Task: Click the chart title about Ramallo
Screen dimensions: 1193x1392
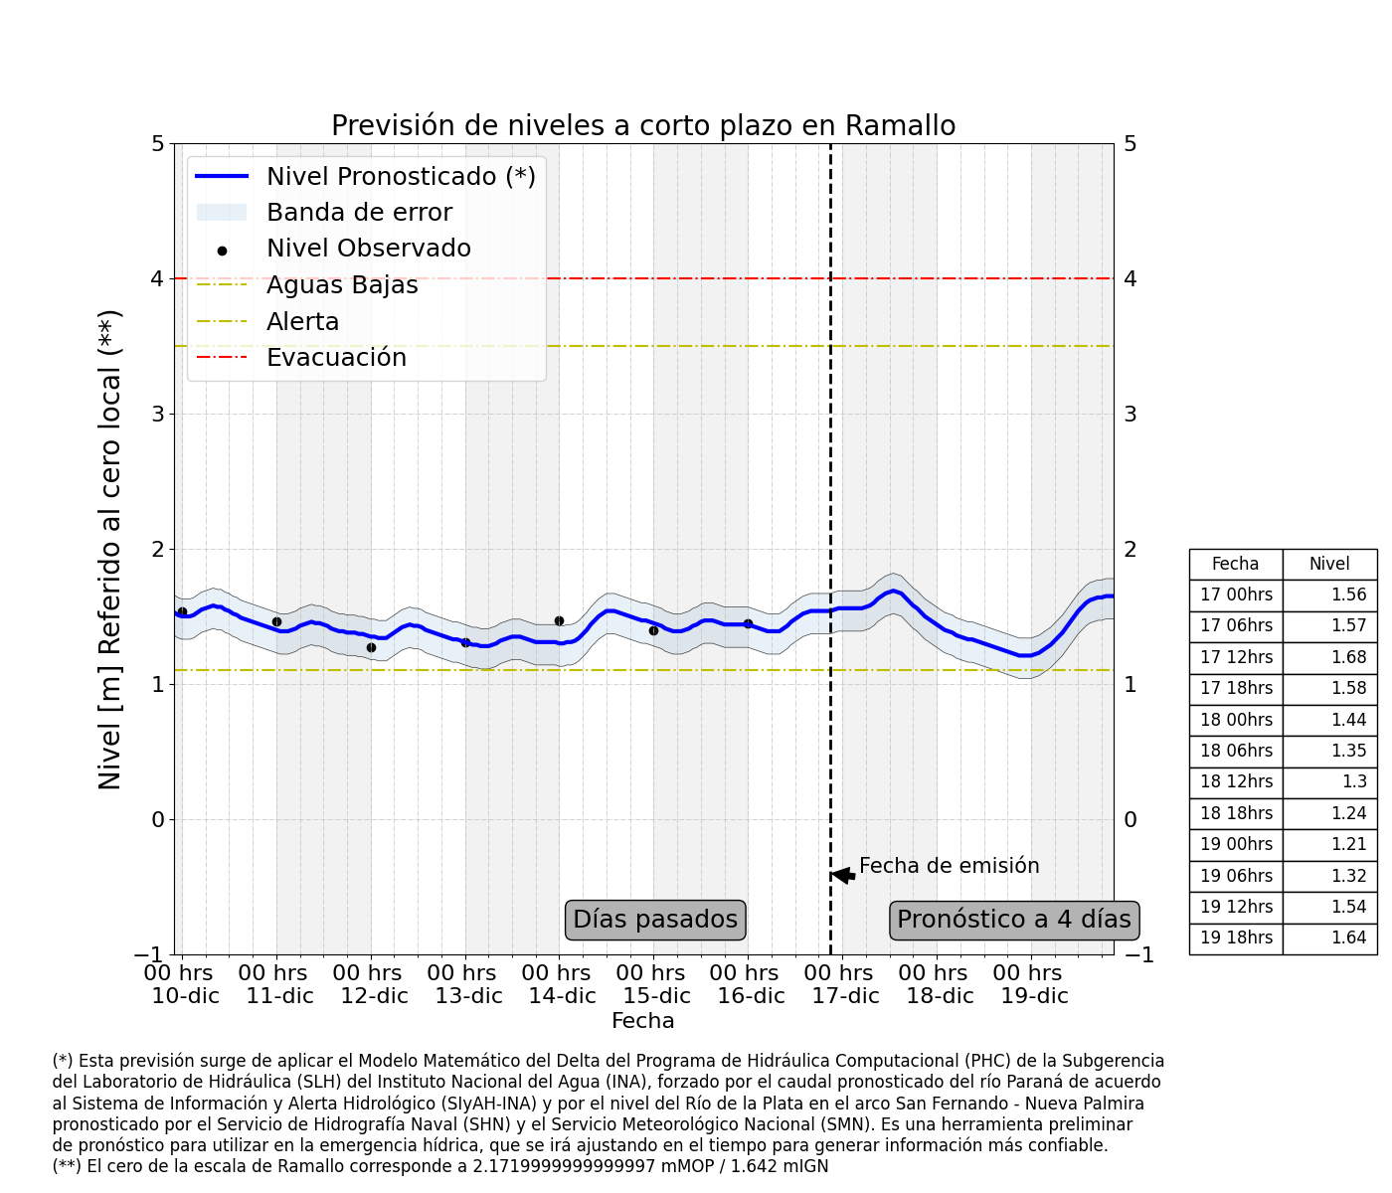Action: [643, 126]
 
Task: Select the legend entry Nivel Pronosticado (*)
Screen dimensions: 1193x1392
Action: [401, 177]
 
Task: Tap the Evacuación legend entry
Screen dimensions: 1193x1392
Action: [336, 358]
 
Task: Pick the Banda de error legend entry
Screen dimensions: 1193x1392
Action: [359, 213]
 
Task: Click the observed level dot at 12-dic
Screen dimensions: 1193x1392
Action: [371, 647]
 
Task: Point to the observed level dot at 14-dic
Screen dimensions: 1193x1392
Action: [559, 620]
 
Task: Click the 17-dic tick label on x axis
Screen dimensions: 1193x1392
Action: [844, 984]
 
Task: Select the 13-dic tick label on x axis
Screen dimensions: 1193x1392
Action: [467, 984]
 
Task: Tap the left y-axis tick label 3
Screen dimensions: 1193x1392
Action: [157, 415]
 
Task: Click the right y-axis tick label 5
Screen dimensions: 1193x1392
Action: [1131, 144]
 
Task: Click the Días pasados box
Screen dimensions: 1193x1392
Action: [655, 920]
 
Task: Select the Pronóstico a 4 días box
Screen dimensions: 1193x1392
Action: [1014, 920]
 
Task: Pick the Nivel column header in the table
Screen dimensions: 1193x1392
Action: [1329, 564]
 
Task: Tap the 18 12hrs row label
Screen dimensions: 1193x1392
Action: [1236, 781]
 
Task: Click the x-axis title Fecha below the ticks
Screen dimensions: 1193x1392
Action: [642, 1021]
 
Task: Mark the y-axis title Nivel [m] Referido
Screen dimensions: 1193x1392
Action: [110, 549]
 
